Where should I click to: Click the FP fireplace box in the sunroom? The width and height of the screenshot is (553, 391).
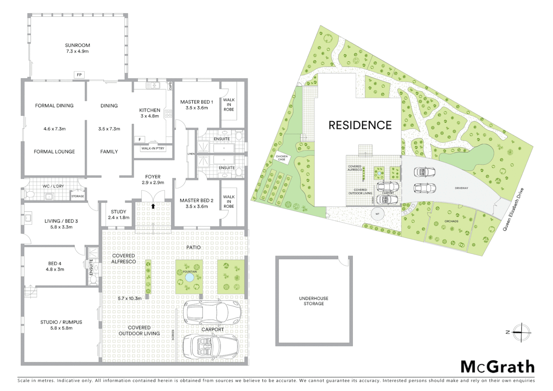pyautogui.click(x=79, y=75)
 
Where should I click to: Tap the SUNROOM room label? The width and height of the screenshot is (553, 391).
pyautogui.click(x=77, y=46)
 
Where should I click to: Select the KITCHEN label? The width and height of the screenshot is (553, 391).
pyautogui.click(x=149, y=110)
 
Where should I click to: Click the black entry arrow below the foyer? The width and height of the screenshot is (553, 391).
pyautogui.click(x=153, y=206)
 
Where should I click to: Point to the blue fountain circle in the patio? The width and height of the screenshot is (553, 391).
pyautogui.click(x=189, y=278)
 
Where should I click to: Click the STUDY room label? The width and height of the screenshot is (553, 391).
pyautogui.click(x=119, y=212)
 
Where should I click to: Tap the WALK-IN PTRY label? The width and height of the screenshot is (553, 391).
pyautogui.click(x=153, y=148)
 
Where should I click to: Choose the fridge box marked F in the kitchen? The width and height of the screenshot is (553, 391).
pyautogui.click(x=140, y=139)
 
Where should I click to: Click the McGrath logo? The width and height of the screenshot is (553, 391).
pyautogui.click(x=497, y=367)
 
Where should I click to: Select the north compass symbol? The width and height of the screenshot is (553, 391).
pyautogui.click(x=521, y=332)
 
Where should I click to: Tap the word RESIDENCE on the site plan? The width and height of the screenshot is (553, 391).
pyautogui.click(x=360, y=125)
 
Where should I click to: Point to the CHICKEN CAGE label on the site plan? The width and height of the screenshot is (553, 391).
pyautogui.click(x=282, y=158)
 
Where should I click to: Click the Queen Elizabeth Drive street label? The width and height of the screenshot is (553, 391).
pyautogui.click(x=513, y=210)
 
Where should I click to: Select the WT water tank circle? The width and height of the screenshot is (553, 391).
pyautogui.click(x=377, y=214)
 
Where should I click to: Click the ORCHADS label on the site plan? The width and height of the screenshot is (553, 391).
pyautogui.click(x=451, y=221)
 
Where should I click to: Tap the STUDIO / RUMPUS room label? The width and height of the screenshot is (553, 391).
pyautogui.click(x=61, y=322)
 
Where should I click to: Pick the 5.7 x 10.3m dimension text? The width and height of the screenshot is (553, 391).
pyautogui.click(x=130, y=298)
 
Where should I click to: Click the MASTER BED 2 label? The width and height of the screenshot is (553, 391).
pyautogui.click(x=197, y=201)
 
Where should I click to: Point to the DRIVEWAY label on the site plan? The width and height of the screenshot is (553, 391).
pyautogui.click(x=461, y=188)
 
